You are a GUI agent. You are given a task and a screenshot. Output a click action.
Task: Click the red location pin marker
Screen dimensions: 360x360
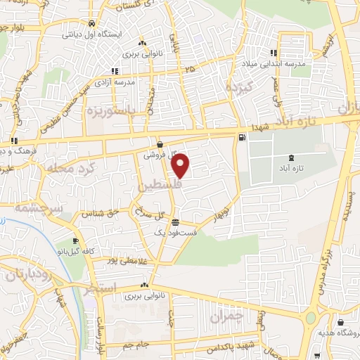click(x=181, y=165)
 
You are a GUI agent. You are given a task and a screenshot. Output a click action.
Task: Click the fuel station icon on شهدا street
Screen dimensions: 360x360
click(x=243, y=137)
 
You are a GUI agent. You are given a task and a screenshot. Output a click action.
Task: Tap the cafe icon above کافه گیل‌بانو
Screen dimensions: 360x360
click(x=75, y=241)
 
